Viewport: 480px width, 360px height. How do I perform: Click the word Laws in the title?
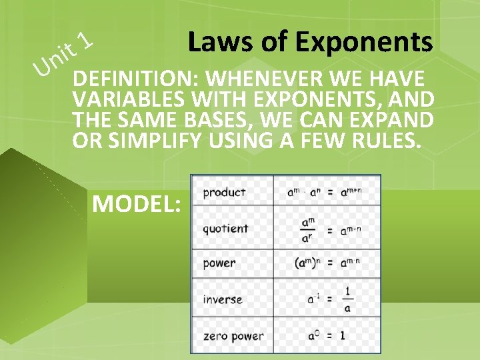(215, 42)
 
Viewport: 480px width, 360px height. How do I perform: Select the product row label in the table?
(224, 192)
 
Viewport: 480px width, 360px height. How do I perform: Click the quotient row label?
(225, 228)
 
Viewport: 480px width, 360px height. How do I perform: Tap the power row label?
(219, 263)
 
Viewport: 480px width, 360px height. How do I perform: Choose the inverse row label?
(223, 299)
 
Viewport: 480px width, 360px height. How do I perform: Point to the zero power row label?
(233, 336)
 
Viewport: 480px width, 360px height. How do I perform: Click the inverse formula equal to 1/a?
(329, 299)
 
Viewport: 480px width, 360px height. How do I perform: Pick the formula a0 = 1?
(326, 335)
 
